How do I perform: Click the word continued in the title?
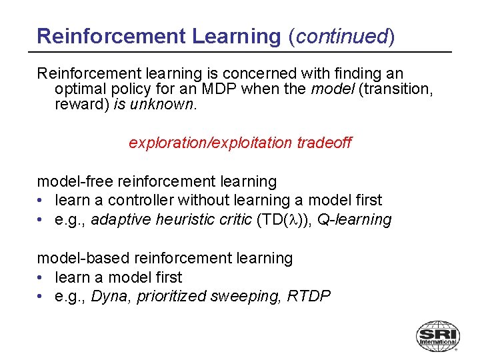click(x=341, y=36)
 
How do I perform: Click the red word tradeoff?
click(x=323, y=143)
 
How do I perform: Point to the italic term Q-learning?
click(x=355, y=219)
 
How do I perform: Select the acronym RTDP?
click(x=309, y=296)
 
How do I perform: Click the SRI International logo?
click(x=437, y=335)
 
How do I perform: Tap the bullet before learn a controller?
click(x=41, y=200)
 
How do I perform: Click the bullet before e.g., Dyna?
click(x=41, y=296)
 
